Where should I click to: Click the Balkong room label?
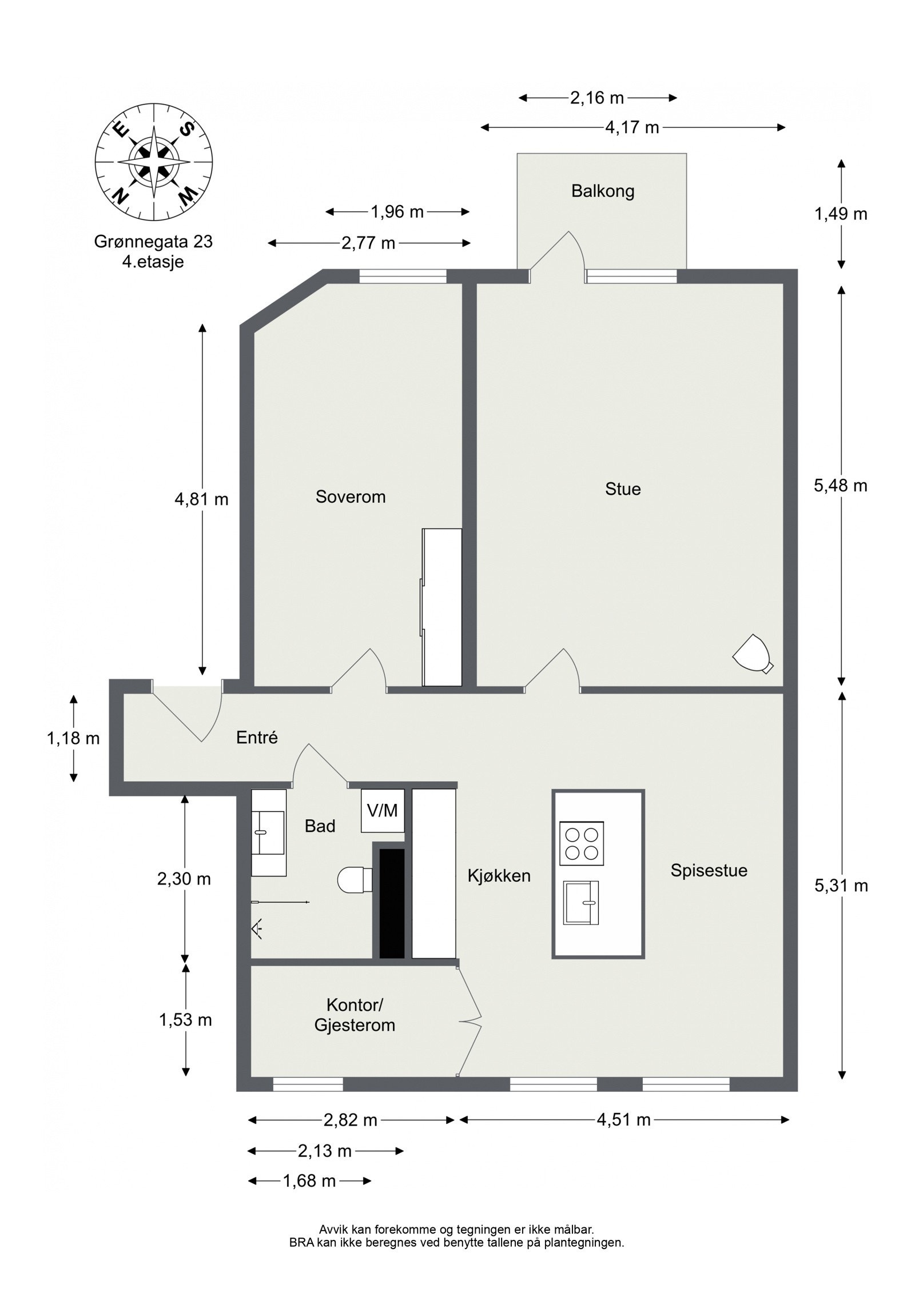click(603, 191)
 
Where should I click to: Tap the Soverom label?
click(351, 497)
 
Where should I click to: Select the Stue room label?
click(623, 489)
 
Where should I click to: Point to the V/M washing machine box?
click(383, 810)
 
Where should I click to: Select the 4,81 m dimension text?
click(201, 499)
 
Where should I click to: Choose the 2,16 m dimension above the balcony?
click(597, 98)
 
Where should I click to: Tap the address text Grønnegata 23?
click(153, 242)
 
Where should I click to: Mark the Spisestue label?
click(709, 870)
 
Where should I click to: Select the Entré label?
click(257, 738)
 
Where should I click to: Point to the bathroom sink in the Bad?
click(269, 832)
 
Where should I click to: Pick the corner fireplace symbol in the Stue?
click(753, 654)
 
